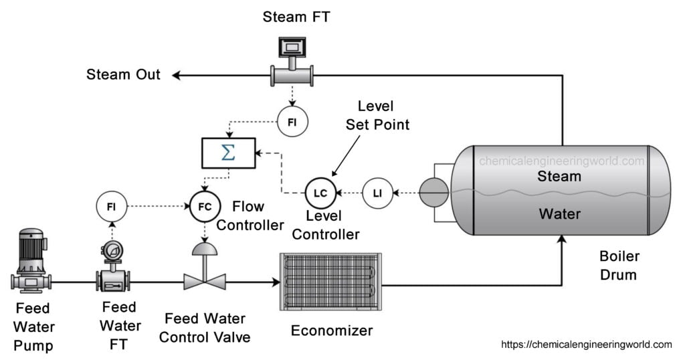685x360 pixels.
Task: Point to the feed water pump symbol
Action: pyautogui.click(x=31, y=260)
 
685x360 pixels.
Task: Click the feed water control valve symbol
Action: pyautogui.click(x=205, y=266)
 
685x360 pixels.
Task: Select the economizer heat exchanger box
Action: pyautogui.click(x=330, y=282)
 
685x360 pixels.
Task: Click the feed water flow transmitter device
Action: pyautogui.click(x=112, y=266)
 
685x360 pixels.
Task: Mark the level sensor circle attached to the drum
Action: pyautogui.click(x=433, y=192)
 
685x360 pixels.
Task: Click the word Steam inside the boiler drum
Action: pyautogui.click(x=559, y=176)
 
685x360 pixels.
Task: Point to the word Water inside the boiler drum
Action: pyautogui.click(x=560, y=213)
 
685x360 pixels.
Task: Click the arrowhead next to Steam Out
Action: pyautogui.click(x=176, y=76)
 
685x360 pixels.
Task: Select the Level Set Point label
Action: pyautogui.click(x=377, y=115)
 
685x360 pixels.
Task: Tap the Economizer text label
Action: pyautogui.click(x=332, y=331)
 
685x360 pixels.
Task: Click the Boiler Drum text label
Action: pyautogui.click(x=619, y=265)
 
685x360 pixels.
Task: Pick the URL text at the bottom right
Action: pyautogui.click(x=586, y=345)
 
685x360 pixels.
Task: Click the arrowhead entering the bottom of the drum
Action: pyautogui.click(x=562, y=240)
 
